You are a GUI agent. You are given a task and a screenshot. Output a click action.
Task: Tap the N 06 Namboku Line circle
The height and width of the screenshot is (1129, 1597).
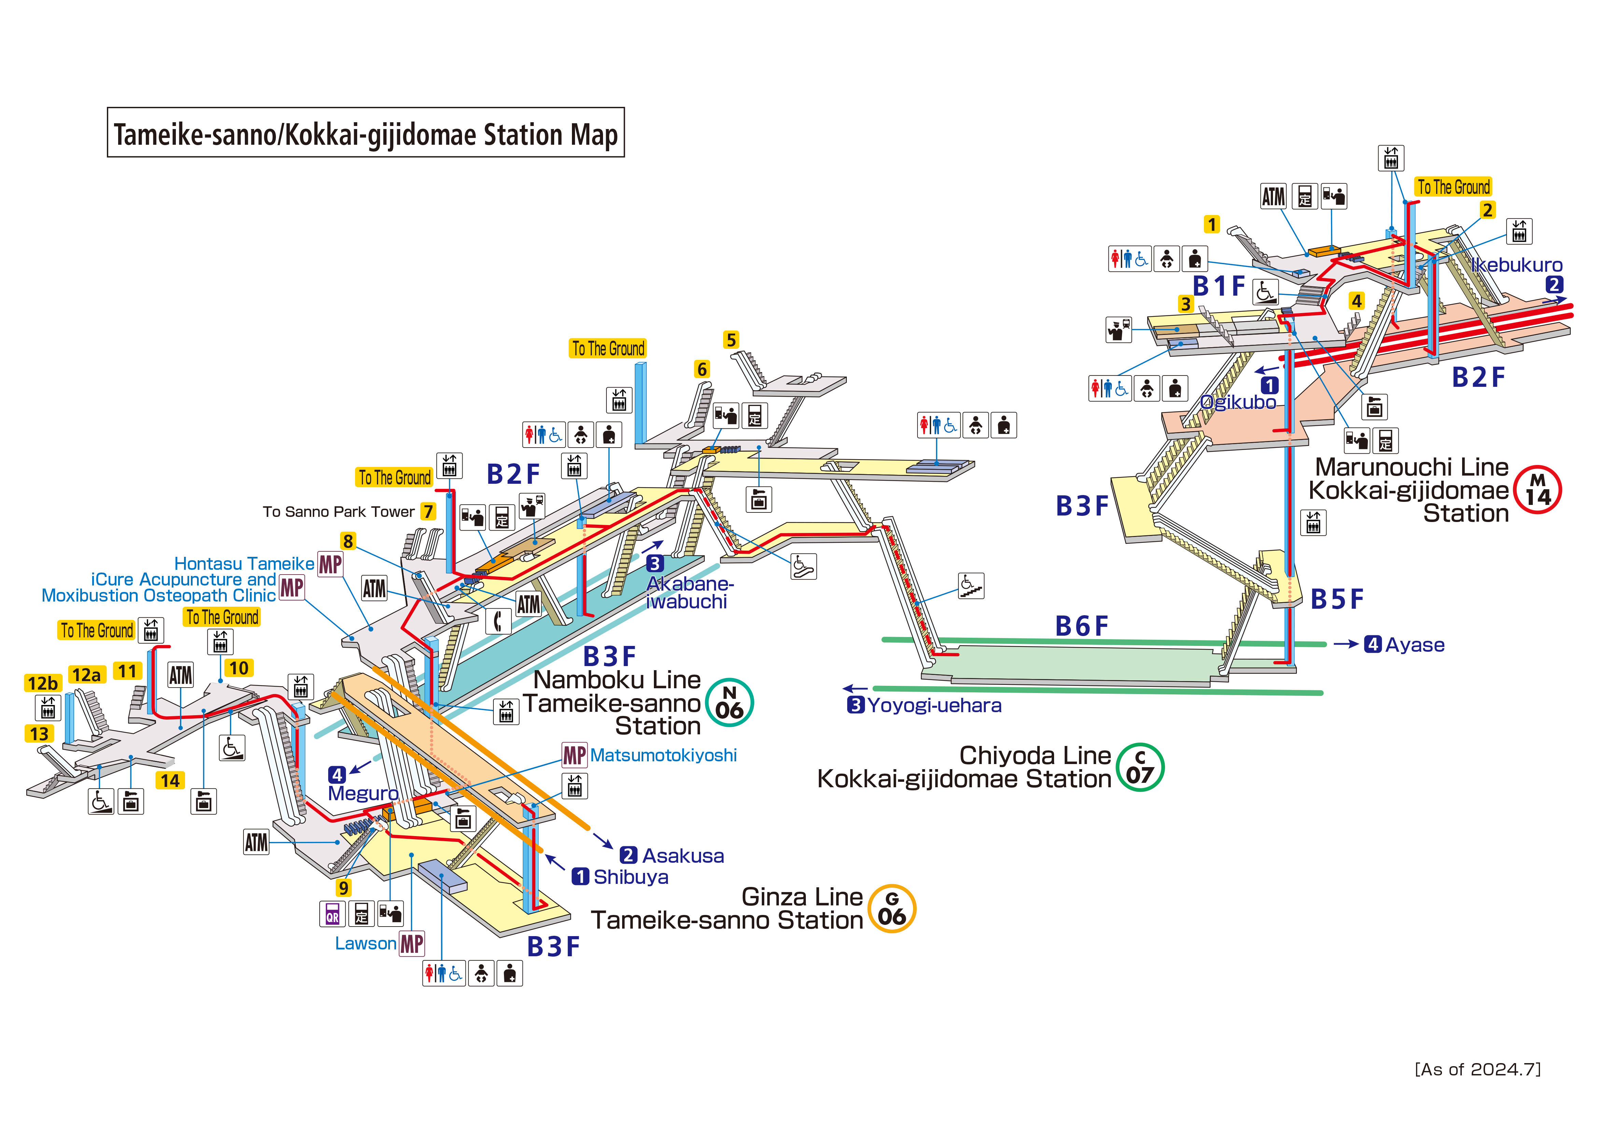coord(729,703)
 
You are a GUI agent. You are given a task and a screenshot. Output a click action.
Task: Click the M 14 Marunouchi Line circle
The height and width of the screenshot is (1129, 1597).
coord(1538,490)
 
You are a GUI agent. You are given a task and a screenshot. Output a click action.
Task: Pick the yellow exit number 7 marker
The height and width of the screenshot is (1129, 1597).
coord(428,511)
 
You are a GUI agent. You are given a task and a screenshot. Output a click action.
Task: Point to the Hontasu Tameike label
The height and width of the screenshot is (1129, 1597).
coord(244,563)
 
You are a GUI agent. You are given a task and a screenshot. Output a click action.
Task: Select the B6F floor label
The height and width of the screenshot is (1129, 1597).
coord(1082,626)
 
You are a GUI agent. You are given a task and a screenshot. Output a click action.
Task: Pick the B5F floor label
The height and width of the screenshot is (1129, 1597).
coord(1336,599)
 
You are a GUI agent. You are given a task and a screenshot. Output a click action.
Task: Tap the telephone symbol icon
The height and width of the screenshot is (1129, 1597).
coord(497,621)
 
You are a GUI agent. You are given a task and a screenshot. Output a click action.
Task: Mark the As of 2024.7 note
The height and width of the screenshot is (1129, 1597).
coord(1477,1069)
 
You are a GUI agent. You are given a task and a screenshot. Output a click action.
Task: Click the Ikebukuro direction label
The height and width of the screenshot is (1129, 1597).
coord(1516,265)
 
